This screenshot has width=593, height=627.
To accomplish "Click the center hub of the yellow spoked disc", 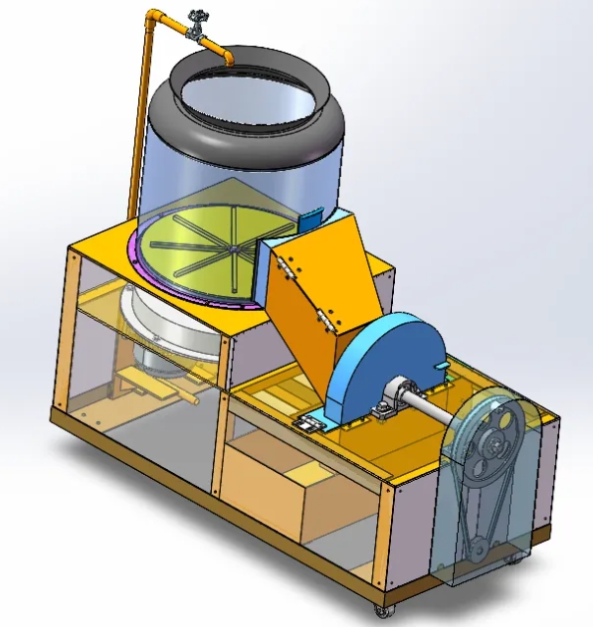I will (232, 246).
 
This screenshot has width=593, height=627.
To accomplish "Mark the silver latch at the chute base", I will (310, 423).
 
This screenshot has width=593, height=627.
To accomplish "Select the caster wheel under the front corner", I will (380, 611).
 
